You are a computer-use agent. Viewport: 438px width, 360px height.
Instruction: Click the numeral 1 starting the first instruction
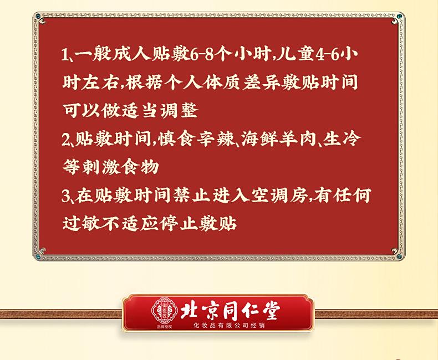[65, 54]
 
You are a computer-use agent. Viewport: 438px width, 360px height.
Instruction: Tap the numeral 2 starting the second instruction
[66, 139]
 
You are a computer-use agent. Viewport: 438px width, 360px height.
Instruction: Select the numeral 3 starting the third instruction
[66, 196]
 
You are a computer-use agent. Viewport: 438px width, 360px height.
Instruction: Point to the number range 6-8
[202, 54]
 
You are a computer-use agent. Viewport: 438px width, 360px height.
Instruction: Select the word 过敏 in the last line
[81, 223]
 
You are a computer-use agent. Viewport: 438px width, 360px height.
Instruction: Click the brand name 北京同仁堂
[230, 311]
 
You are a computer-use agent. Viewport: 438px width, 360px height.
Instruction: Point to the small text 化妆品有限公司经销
[229, 326]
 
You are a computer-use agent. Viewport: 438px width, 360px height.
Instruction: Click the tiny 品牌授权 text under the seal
[165, 327]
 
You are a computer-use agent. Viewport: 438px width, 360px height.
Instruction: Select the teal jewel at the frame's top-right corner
[400, 16]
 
